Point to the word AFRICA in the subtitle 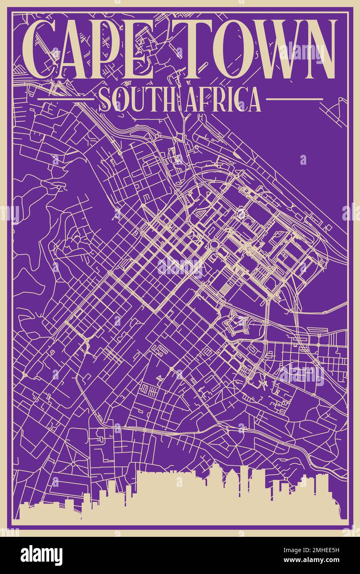221,99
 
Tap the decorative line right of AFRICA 294,99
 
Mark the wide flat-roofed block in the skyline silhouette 165,496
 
